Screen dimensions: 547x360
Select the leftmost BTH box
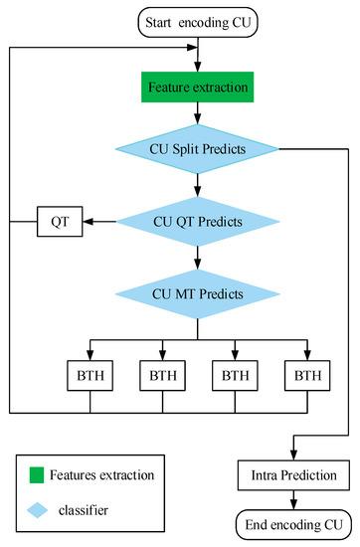(x=90, y=377)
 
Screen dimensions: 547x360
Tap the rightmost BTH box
(x=306, y=377)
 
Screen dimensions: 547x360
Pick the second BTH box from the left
(x=162, y=377)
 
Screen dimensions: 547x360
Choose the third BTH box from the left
(x=235, y=377)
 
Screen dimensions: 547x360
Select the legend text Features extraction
(x=103, y=474)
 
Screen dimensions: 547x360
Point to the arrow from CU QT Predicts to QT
(x=98, y=221)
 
